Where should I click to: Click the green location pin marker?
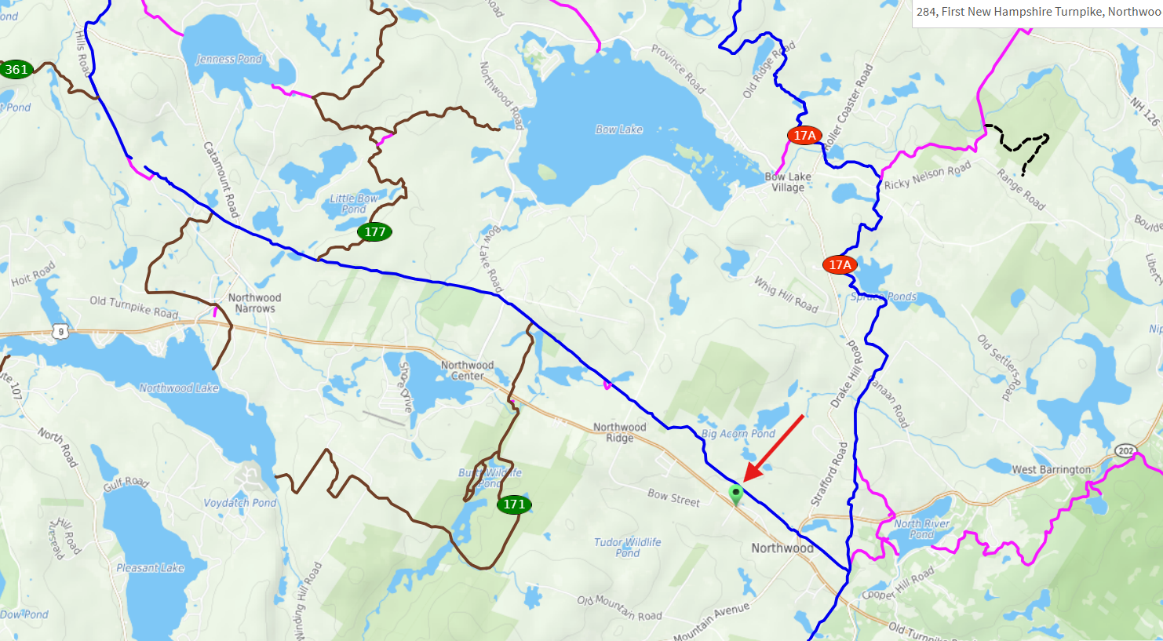pyautogui.click(x=735, y=493)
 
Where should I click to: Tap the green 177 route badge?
pyautogui.click(x=374, y=231)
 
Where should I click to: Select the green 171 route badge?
pyautogui.click(x=514, y=504)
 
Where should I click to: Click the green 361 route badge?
pyautogui.click(x=16, y=69)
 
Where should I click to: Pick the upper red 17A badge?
pyautogui.click(x=804, y=136)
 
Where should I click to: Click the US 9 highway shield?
pyautogui.click(x=60, y=332)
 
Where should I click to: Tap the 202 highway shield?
pyautogui.click(x=1125, y=450)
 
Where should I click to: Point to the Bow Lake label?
pyautogui.click(x=618, y=129)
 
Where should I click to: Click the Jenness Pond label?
pyautogui.click(x=228, y=59)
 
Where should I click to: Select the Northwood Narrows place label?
pyautogui.click(x=254, y=303)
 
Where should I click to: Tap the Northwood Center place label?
pyautogui.click(x=467, y=370)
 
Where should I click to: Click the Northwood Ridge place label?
pyautogui.click(x=619, y=432)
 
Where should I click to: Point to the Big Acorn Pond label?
pyautogui.click(x=738, y=433)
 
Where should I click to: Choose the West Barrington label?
pyautogui.click(x=1051, y=469)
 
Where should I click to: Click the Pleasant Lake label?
pyautogui.click(x=150, y=567)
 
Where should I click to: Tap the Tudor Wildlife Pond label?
pyautogui.click(x=627, y=547)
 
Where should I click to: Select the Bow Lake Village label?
pyautogui.click(x=788, y=182)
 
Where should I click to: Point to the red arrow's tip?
pyautogui.click(x=745, y=480)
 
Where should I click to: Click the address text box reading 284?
pyautogui.click(x=1037, y=12)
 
